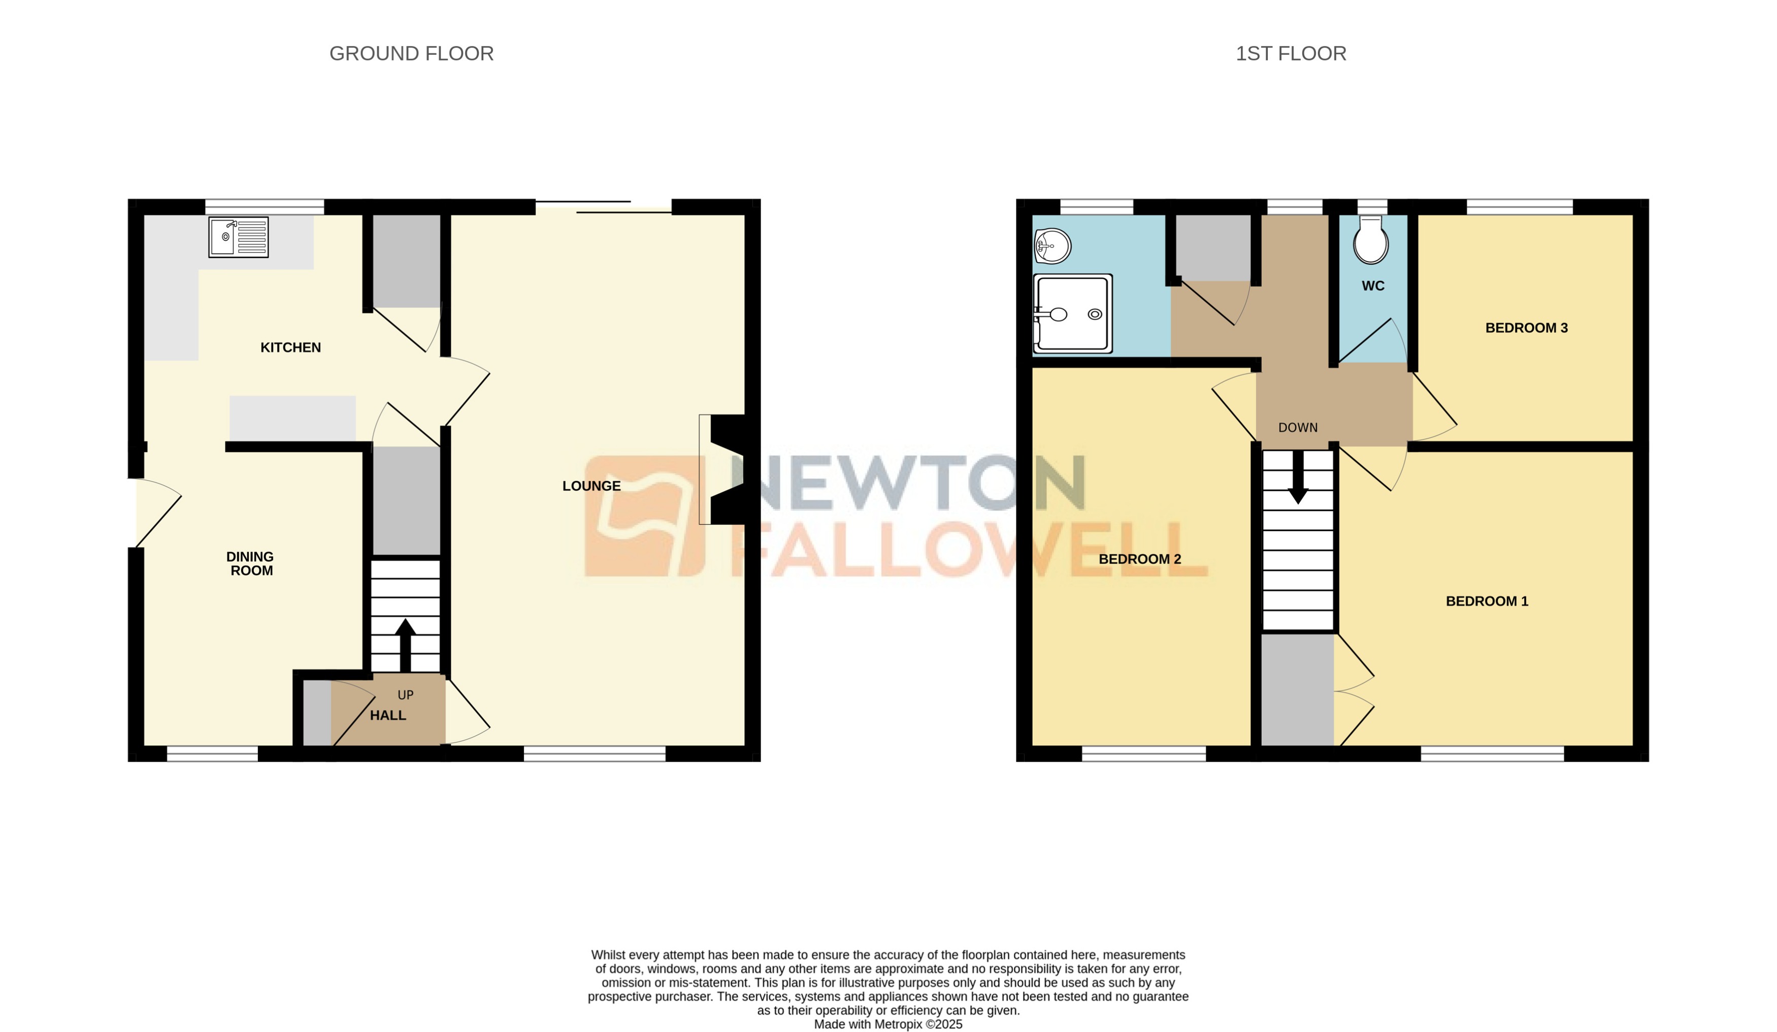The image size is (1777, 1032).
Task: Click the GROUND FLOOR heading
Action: coord(411,54)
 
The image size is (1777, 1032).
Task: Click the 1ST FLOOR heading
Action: coord(1291,54)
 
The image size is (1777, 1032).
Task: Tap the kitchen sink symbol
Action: coord(238,237)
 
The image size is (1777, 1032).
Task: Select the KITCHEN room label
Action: coord(290,347)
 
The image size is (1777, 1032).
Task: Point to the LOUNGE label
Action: coord(591,486)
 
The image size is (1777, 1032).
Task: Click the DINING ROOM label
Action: coord(250,564)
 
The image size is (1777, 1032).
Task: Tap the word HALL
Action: coord(388,715)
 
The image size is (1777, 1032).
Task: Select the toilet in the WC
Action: coord(1371,242)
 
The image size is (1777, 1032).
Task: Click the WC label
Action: coord(1373,286)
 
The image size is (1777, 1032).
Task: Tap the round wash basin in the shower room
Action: coord(1053,245)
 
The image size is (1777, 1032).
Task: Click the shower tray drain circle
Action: coord(1095,314)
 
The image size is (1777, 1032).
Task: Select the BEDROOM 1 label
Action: coord(1487,601)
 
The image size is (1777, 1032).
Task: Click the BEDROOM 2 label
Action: coord(1139,559)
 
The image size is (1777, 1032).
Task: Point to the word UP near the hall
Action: coord(406,695)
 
